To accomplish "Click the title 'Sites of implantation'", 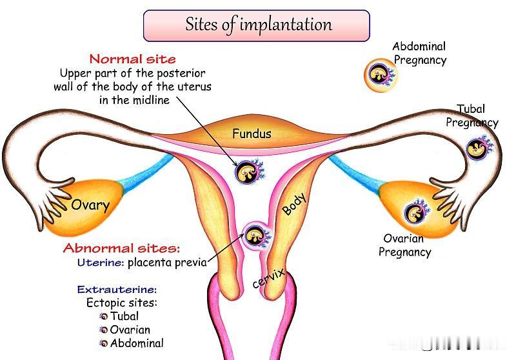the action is coord(259,25).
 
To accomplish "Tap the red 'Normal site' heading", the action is coord(133,59).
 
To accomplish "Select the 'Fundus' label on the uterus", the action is coord(252,134).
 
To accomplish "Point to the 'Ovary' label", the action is coord(90,205).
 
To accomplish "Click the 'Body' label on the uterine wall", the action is coord(295,204).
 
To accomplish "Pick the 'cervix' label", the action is coord(268,279).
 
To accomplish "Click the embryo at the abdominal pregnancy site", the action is coord(381,75).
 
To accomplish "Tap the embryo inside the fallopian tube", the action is coord(479,148).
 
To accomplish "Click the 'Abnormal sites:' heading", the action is coord(122,248).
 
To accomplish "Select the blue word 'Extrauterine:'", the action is coord(117,290).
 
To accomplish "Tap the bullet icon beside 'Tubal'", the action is coord(104,317).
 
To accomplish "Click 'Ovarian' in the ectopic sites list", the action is coord(130,330).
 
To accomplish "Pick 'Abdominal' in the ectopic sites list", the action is coord(137,343).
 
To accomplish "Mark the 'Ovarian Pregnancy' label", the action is coord(404,245).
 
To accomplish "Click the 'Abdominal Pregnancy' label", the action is coord(420,53).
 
